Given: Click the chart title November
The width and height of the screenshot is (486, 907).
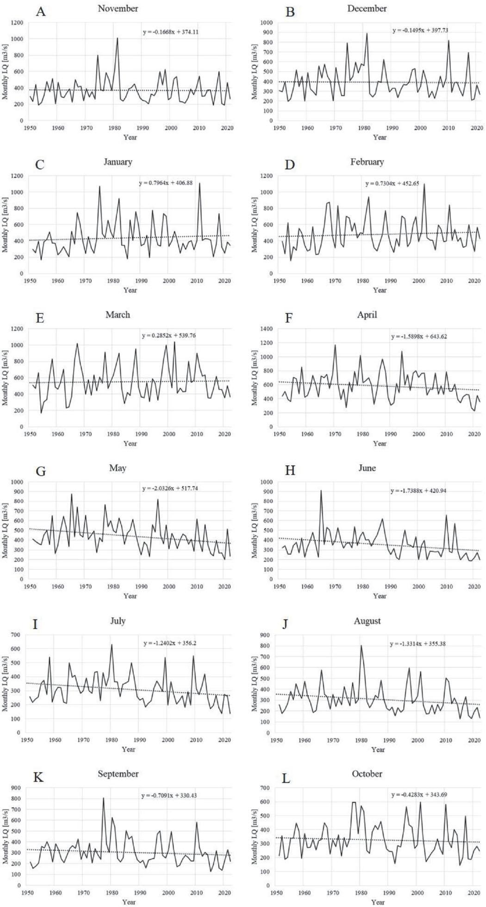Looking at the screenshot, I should coord(118,9).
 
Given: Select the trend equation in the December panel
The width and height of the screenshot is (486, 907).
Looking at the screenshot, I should coord(420,30).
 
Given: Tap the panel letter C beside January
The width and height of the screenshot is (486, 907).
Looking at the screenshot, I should coord(40,164).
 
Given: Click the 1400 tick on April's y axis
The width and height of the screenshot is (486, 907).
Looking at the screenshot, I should coord(268,329).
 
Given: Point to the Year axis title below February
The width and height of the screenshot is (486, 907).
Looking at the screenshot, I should coord(380,290).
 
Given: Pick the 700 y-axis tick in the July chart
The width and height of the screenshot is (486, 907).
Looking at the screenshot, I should coord(18,635).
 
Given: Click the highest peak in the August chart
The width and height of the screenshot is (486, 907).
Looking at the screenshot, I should coord(361,646).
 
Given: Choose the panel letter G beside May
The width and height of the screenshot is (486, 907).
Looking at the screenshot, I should coord(40,472).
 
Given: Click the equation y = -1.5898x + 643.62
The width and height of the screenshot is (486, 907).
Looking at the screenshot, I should coord(420,336).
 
